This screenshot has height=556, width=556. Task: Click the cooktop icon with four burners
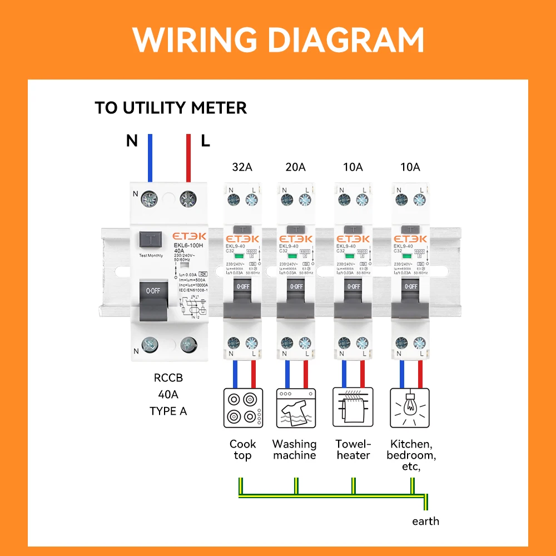click(x=243, y=408)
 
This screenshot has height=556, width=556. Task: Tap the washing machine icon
click(x=296, y=408)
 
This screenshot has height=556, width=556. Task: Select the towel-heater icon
click(x=352, y=408)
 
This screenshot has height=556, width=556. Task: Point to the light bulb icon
click(x=410, y=408)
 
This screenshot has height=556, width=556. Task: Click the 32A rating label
click(x=242, y=167)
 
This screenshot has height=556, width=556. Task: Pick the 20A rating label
click(x=295, y=167)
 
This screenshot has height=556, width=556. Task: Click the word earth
click(x=425, y=521)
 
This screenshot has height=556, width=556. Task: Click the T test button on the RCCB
click(x=150, y=241)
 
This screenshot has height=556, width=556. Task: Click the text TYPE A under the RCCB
click(x=168, y=411)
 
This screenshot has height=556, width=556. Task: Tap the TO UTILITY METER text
click(x=171, y=107)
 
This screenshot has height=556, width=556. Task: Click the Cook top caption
click(x=243, y=450)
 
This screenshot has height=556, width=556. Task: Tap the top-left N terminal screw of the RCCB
click(x=149, y=197)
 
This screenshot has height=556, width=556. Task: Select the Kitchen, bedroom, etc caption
click(x=411, y=455)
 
